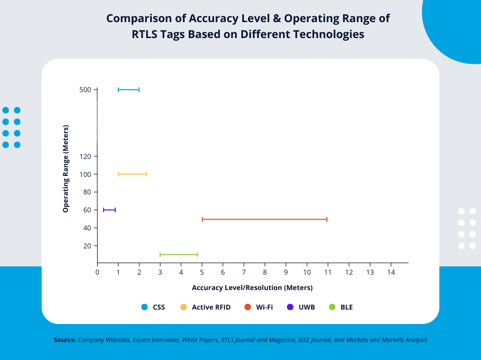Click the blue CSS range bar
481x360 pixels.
click(129, 89)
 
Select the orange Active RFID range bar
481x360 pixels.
click(133, 174)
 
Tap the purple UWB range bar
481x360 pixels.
click(110, 210)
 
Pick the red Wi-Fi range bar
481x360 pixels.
click(264, 220)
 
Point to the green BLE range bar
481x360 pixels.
click(179, 255)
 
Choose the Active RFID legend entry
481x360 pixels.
click(205, 307)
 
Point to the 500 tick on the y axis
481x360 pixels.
click(85, 89)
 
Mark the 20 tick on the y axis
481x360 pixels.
click(87, 246)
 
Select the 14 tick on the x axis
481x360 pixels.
click(390, 272)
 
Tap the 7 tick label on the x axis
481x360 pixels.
click(244, 272)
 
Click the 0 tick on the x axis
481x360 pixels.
click(97, 272)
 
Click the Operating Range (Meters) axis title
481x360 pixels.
click(66, 169)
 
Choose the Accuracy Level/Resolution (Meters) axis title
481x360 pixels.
click(252, 287)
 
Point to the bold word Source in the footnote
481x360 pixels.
click(65, 340)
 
